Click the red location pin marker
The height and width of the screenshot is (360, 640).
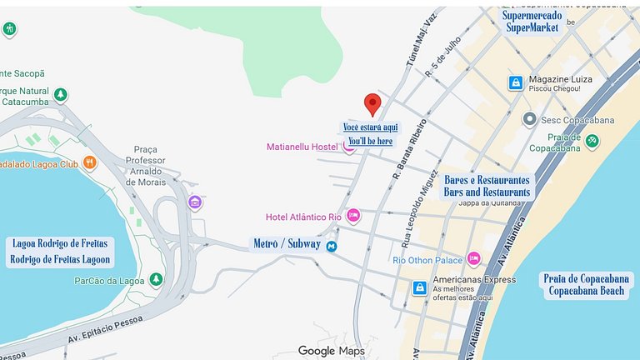(x=372, y=104)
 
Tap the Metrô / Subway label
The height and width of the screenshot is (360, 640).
(x=287, y=244)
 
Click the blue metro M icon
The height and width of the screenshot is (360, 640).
(x=332, y=246)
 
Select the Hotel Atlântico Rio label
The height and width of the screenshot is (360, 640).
(x=303, y=217)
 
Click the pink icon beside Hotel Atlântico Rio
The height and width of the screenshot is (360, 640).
(x=352, y=217)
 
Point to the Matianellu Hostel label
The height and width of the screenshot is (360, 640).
(x=302, y=147)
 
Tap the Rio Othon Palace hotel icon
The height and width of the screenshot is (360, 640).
(x=473, y=259)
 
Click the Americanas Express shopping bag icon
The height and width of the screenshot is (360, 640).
(x=420, y=288)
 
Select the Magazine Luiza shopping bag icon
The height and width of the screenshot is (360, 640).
(x=516, y=82)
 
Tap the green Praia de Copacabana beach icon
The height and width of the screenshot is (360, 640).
(x=592, y=141)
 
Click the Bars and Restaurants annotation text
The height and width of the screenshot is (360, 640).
(x=487, y=192)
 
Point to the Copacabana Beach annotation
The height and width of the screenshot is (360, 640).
(x=587, y=291)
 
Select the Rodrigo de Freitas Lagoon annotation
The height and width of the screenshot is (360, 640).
(x=60, y=259)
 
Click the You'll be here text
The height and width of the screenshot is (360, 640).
(x=370, y=142)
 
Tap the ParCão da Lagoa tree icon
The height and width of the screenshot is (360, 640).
(x=155, y=279)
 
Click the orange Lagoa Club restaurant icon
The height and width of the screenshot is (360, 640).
(x=90, y=163)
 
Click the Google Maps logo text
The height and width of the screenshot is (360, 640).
(x=331, y=351)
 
